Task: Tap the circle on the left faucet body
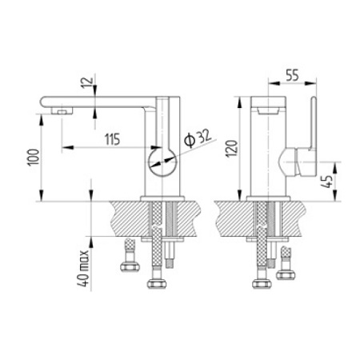pos(163,162)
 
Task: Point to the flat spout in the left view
pos(96,102)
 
